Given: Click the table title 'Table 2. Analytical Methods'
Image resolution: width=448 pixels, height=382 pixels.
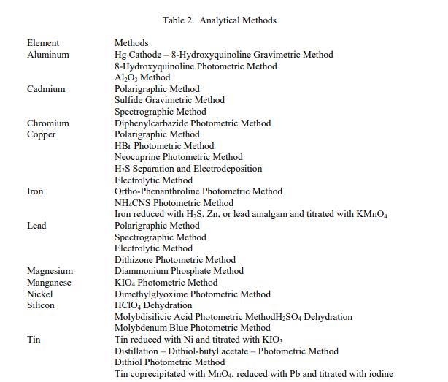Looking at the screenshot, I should coord(224,20).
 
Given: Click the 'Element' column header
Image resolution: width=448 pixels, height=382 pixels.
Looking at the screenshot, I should coord(43,43).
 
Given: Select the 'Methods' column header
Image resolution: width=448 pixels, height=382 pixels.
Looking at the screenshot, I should coord(131,43).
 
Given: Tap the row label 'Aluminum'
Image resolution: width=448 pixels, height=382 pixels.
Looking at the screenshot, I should coord(48,55).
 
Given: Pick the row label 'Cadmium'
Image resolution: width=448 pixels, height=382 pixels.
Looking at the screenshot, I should coord(46,89).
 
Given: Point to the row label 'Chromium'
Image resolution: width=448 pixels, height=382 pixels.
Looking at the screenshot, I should coord(48,123).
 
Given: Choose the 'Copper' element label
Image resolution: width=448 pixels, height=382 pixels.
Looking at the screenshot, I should coord(42,134).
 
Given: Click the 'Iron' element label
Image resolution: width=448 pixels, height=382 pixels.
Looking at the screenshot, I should coord(35,191).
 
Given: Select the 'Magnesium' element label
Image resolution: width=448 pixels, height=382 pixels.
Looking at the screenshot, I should coord(50,271).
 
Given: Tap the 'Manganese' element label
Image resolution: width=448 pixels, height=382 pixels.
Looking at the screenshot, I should coord(50,283).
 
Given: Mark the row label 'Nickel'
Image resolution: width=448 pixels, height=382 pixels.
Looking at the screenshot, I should coord(40,294).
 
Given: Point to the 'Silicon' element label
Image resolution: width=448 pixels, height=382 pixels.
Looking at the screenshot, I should coord(41,305).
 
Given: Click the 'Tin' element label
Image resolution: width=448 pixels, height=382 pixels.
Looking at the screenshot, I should coord(34,340).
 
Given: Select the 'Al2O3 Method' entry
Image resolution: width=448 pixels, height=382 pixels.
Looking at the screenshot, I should coord(142,77).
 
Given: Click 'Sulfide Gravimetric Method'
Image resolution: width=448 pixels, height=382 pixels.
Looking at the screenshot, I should coord(169,100).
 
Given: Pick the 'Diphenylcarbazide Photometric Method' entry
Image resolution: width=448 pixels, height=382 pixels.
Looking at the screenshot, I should coord(193,123).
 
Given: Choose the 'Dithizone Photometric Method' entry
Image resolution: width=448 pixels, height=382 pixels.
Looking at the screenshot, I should coord(175,259).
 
